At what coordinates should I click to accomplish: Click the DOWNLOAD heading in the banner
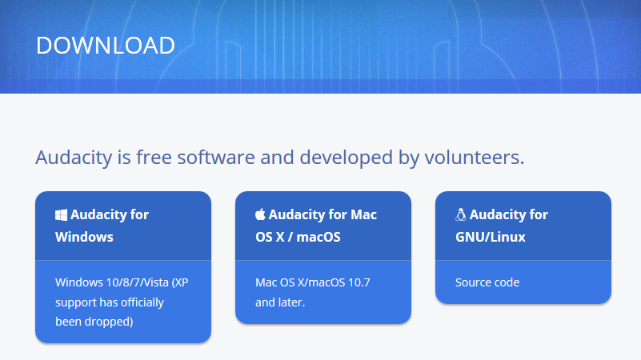106,45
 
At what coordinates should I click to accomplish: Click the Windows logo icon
61,215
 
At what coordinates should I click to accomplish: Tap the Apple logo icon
260,214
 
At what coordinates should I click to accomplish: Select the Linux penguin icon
461,214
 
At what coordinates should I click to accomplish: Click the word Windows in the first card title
84,237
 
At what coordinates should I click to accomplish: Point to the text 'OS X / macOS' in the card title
298,237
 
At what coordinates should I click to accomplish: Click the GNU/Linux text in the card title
491,237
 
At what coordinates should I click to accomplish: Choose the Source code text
487,282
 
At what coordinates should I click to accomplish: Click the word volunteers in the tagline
475,158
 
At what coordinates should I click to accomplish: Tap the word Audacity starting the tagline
74,158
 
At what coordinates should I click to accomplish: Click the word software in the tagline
216,158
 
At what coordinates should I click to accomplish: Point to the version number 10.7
359,282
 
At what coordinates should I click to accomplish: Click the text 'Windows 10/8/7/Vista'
112,282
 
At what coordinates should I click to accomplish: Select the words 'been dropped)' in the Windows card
94,322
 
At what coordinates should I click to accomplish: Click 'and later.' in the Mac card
280,302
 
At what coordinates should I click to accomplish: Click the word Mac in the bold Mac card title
364,214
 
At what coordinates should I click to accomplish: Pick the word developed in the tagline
347,158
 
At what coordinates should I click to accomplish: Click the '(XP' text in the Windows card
180,282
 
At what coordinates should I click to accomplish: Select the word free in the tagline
154,158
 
